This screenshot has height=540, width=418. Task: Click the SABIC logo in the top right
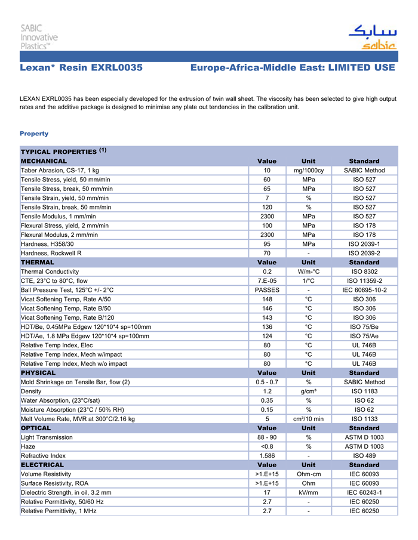pyautogui.click(x=372, y=37)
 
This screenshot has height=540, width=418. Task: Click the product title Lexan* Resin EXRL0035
pyautogui.click(x=81, y=68)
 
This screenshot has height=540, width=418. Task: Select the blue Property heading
pyautogui.click(x=34, y=134)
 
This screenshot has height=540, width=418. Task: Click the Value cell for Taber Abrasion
pyautogui.click(x=267, y=171)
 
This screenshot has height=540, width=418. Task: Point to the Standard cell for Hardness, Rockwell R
pyautogui.click(x=364, y=253)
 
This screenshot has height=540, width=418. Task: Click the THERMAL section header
pyautogui.click(x=38, y=263)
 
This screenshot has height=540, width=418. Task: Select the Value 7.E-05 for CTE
pyautogui.click(x=267, y=281)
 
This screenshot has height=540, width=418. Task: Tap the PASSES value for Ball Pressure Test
pyautogui.click(x=267, y=290)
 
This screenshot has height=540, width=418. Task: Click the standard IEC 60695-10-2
pyautogui.click(x=364, y=290)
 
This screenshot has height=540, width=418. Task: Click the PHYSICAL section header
pyautogui.click(x=38, y=373)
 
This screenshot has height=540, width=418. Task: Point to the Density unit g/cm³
pyautogui.click(x=308, y=391)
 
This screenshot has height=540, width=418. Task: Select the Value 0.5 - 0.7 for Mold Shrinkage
pyautogui.click(x=267, y=382)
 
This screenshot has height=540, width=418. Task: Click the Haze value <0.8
pyautogui.click(x=267, y=446)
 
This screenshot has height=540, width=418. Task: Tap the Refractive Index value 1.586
pyautogui.click(x=267, y=456)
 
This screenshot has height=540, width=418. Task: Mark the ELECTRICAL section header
pyautogui.click(x=42, y=465)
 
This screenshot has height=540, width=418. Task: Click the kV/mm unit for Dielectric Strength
pyautogui.click(x=308, y=492)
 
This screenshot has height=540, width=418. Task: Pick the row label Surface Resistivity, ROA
pyautogui.click(x=59, y=483)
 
